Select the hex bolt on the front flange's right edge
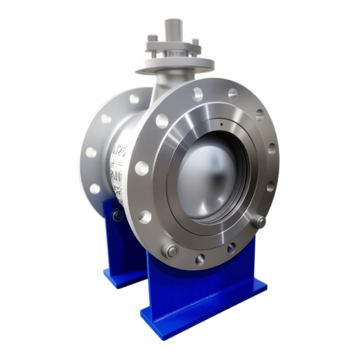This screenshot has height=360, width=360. click(259, 221)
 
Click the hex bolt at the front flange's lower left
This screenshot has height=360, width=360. click(171, 250)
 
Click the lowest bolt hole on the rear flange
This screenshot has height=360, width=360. click(94, 189)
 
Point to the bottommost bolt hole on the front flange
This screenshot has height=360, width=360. click(200, 259)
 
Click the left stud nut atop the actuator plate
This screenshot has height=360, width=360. click(153, 38)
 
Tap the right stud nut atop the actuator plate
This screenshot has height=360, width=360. click(195, 42)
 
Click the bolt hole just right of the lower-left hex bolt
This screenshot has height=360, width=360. click(200, 259)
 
